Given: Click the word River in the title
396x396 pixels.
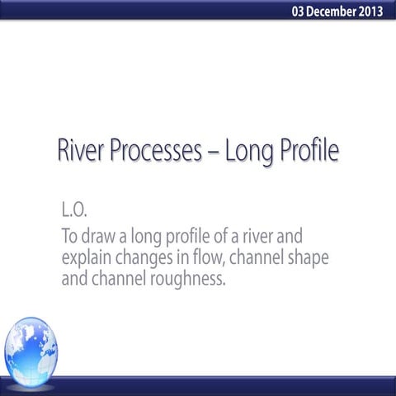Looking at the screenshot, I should (x=82, y=153).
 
